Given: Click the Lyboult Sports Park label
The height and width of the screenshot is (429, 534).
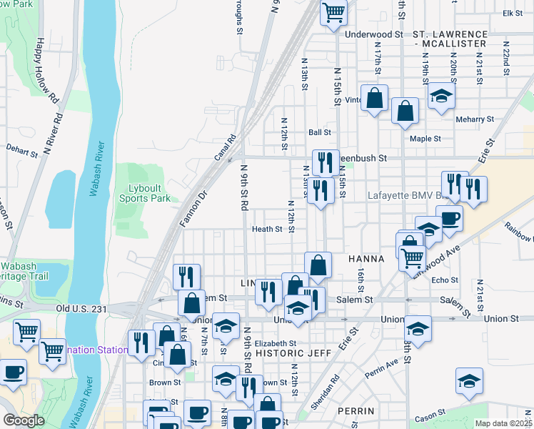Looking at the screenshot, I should coord(149,193).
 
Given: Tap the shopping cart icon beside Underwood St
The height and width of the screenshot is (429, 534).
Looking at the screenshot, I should coord(333,13).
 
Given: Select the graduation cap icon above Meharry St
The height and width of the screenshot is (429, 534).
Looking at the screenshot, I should coord(442,96).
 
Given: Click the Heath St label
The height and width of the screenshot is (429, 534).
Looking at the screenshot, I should coord(268,230).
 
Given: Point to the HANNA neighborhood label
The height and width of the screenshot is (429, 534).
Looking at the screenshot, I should coord(366,258).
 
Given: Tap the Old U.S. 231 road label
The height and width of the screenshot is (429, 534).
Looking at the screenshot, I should coord(81,308).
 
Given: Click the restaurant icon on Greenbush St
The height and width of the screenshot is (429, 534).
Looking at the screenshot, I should coord(326,162).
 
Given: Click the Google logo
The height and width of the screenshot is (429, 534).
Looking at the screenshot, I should coord(24,420).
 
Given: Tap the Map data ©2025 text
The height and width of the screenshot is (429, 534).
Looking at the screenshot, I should coord(503,423).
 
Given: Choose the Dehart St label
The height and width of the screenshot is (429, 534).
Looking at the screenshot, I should coord(21,152).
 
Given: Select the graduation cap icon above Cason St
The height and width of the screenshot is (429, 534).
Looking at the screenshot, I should coord(469,380).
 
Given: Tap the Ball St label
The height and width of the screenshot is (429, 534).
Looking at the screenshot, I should coord(320,132).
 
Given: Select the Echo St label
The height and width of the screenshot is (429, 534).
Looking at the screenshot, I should coord(445,280).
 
